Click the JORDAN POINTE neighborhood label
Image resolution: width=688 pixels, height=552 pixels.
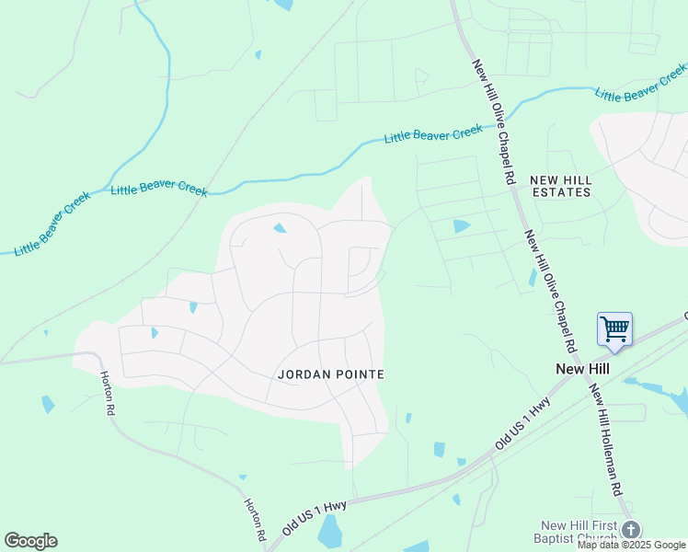[x=330, y=374]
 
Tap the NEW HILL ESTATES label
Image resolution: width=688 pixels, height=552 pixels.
[x=560, y=186]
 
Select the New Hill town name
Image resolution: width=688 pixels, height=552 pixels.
[x=583, y=368]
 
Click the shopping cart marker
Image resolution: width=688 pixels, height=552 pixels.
[x=614, y=328]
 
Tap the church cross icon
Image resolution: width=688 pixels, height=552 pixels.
[x=630, y=529]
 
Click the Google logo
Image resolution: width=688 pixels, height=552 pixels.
[x=30, y=541]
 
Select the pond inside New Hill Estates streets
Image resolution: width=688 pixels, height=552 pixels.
[x=461, y=225]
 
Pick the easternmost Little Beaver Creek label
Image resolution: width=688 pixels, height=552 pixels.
[x=640, y=83]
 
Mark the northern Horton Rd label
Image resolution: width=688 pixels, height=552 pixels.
[x=106, y=391]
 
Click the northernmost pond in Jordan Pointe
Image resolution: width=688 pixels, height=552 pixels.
[x=280, y=228]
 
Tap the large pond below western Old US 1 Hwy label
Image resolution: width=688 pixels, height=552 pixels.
[x=329, y=531]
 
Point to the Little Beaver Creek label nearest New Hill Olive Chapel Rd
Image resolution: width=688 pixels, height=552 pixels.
[x=433, y=134]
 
